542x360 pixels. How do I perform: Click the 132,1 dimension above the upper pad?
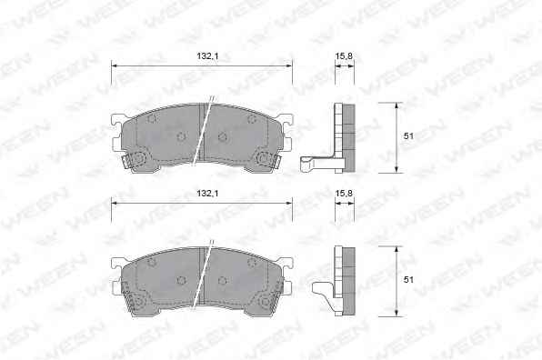207,56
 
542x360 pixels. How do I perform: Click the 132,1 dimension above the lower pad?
207,194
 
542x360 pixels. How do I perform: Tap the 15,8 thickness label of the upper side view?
344,56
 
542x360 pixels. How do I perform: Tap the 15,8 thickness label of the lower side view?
344,194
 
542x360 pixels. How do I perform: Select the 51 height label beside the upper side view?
408,136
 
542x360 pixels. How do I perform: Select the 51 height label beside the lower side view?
408,279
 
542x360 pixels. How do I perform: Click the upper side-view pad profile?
345,138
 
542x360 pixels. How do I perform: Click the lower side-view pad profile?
345,281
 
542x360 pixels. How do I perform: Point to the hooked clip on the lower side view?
324,292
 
